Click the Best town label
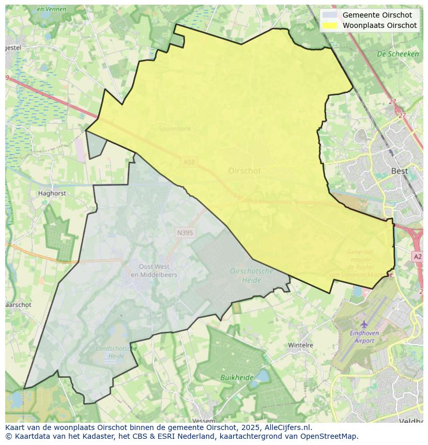tap(399, 171)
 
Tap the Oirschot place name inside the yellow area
tap(244, 171)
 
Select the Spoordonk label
tap(175, 129)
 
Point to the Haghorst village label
tap(52, 193)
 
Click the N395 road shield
tap(185, 233)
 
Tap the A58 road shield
tap(190, 162)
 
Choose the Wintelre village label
tap(301, 345)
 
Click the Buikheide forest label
tap(237, 378)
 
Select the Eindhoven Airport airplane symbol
tap(364, 324)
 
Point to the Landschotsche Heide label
tap(116, 352)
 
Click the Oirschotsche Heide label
tap(252, 275)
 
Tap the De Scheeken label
tap(398, 54)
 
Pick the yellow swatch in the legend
tap(329, 25)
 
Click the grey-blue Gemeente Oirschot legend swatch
tap(329, 15)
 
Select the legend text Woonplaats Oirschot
tap(379, 25)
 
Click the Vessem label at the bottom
tap(203, 421)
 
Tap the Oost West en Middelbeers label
tap(154, 271)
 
